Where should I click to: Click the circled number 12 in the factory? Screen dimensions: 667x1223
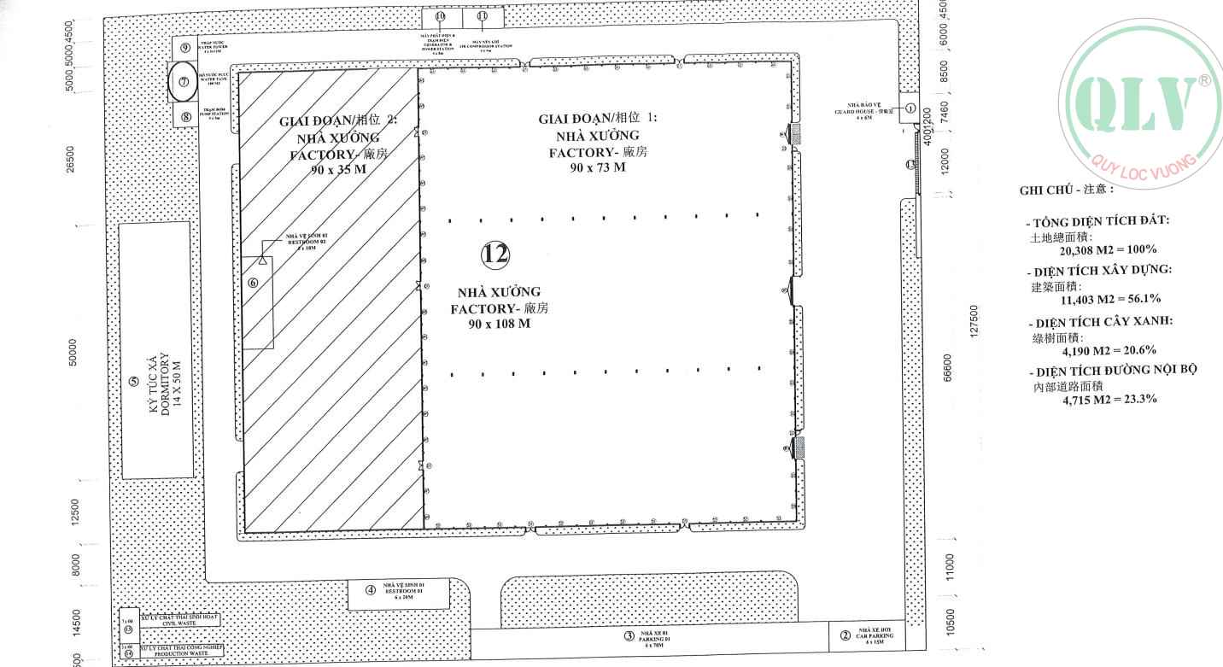pos(495,253)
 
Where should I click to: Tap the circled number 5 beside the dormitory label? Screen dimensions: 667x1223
pos(132,382)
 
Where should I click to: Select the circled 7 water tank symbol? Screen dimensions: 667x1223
pos(183,82)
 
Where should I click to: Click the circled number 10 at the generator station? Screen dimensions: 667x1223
pos(440,16)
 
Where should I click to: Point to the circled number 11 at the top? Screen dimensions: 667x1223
pos(483,16)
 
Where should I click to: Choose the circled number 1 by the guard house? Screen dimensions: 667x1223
pos(910,108)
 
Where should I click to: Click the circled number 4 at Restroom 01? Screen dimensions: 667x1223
pos(371,589)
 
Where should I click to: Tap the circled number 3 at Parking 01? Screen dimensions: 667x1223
pos(629,635)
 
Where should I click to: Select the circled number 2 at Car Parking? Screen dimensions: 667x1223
pos(845,635)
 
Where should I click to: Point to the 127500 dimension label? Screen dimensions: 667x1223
pos(974,321)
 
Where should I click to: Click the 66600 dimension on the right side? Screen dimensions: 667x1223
pos(946,368)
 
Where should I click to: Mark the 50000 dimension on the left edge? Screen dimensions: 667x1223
pos(73,351)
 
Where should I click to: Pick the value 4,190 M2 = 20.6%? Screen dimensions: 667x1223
pos(1109,350)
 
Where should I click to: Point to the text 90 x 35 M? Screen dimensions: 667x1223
pos(338,169)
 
